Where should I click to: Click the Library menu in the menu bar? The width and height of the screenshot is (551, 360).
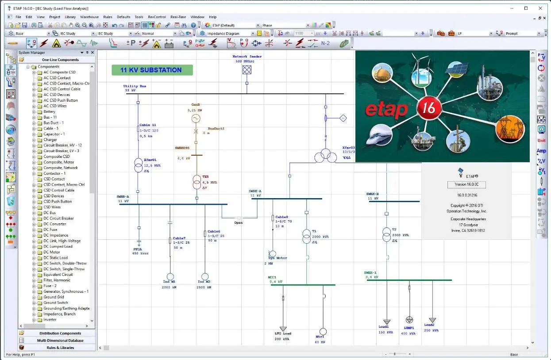pyautogui.click(x=70, y=17)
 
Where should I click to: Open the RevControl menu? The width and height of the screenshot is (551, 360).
pyautogui.click(x=157, y=17)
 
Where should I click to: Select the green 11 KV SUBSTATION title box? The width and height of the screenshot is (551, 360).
pyautogui.click(x=152, y=70)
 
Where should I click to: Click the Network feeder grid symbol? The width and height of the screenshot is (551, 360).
pyautogui.click(x=247, y=69)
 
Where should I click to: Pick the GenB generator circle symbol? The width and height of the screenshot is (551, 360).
pyautogui.click(x=196, y=119)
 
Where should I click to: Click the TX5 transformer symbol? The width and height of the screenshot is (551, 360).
pyautogui.click(x=197, y=182)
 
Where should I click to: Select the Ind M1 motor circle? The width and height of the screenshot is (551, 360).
pyautogui.click(x=170, y=276)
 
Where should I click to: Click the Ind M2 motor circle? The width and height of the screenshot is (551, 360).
pyautogui.click(x=204, y=276)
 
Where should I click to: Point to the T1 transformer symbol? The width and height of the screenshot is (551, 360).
pyautogui.click(x=306, y=236)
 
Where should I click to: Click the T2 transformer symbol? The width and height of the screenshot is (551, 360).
pyautogui.click(x=386, y=235)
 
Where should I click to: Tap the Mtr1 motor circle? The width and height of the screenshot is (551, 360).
pyautogui.click(x=323, y=332)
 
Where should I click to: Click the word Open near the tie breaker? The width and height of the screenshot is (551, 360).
pyautogui.click(x=239, y=222)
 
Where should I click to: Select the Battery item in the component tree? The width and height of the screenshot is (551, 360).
pyautogui.click(x=49, y=111)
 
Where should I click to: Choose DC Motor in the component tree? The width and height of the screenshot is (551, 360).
pyautogui.click(x=51, y=252)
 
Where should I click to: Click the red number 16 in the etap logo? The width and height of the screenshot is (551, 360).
pyautogui.click(x=429, y=107)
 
